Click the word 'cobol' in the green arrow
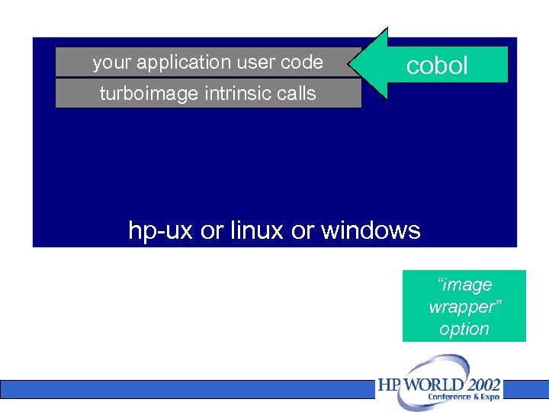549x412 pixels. pyautogui.click(x=437, y=66)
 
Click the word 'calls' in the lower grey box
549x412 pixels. pyautogui.click(x=296, y=94)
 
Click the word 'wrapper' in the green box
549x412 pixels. pyautogui.click(x=464, y=307)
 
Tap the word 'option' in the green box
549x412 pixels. pyautogui.click(x=464, y=329)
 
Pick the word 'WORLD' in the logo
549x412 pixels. pyautogui.click(x=432, y=385)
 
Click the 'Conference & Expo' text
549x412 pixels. pyautogui.click(x=464, y=397)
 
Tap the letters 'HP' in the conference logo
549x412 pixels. pyautogui.click(x=390, y=385)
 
